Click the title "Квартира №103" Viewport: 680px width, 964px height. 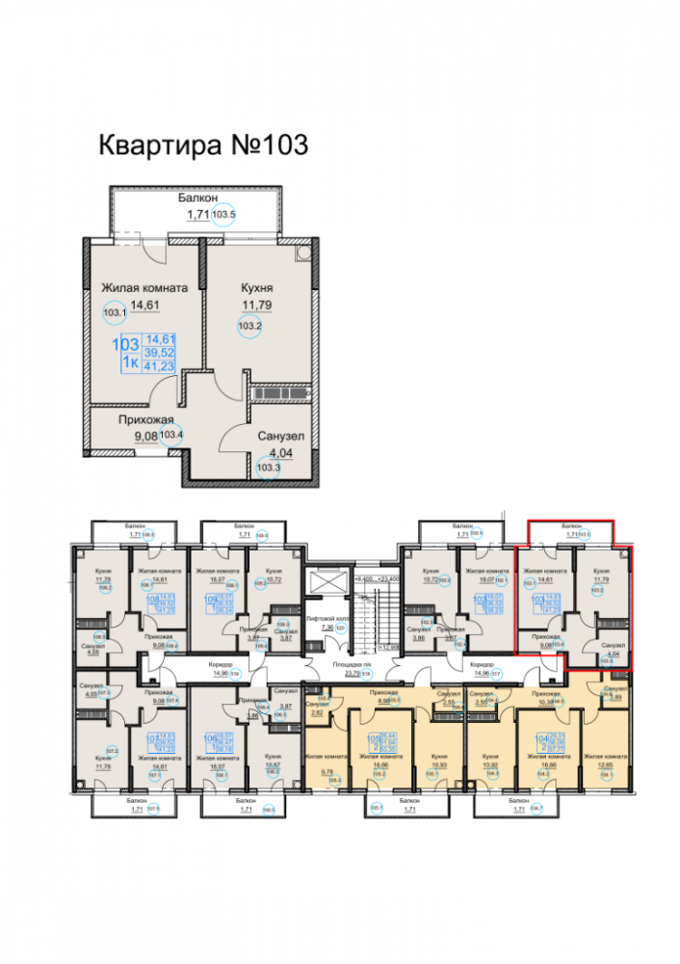[x=203, y=145]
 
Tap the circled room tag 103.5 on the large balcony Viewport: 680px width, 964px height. [x=224, y=215]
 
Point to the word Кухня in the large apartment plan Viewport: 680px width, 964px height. [x=256, y=287]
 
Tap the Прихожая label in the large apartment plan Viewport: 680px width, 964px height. [x=145, y=419]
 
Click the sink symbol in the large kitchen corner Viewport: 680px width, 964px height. [x=304, y=254]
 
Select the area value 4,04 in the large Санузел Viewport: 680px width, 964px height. [x=280, y=453]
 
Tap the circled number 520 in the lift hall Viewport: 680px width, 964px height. [x=338, y=627]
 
